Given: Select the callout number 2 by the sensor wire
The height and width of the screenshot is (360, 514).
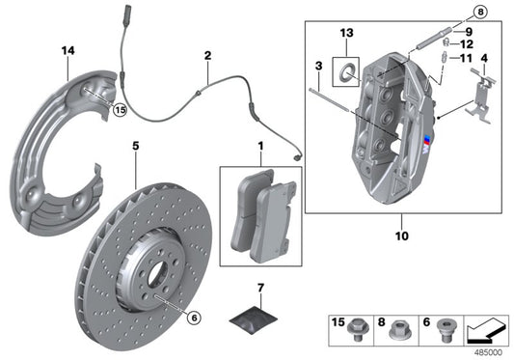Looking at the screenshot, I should point(207,57).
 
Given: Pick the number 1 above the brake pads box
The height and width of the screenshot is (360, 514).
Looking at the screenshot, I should point(259,148).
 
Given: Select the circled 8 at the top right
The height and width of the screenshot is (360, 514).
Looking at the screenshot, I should point(481,13).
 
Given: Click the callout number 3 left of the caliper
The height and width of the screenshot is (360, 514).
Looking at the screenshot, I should point(316,66).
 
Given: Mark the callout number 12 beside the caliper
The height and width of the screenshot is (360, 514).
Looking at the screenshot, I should point(467,44).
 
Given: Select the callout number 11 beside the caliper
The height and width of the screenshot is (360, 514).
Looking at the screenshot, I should point(467,58).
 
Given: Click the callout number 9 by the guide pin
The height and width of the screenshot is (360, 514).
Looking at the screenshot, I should point(467,31).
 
